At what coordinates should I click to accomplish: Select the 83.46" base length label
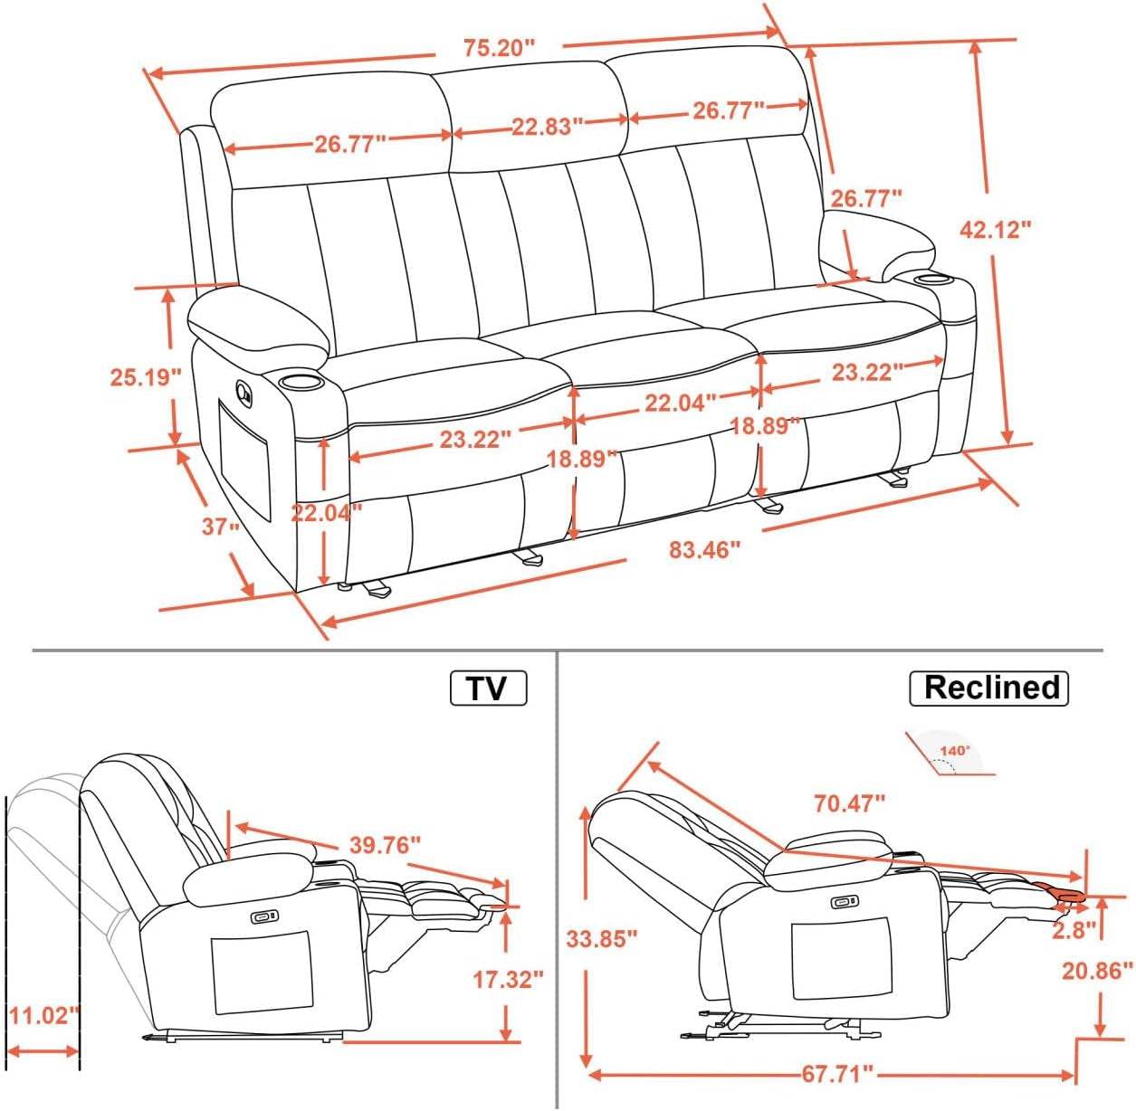click(x=704, y=548)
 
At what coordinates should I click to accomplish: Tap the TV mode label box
click(x=488, y=688)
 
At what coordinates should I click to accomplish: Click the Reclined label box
click(x=989, y=688)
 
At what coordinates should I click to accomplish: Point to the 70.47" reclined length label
click(x=848, y=802)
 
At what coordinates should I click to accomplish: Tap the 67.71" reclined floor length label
click(x=837, y=1074)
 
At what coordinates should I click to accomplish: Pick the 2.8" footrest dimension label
click(x=1074, y=929)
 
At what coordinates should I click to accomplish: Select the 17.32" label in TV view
click(x=508, y=978)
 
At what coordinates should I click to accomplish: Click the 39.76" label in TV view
click(x=386, y=845)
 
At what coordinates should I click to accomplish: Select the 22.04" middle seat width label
click(x=680, y=403)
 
